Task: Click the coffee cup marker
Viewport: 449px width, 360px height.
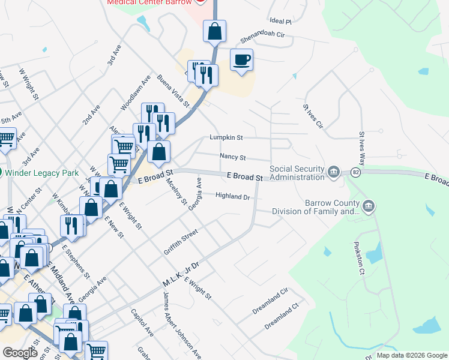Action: [x=242, y=60]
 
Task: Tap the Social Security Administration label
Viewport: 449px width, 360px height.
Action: [x=297, y=173]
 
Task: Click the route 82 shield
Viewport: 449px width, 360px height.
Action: [x=356, y=173]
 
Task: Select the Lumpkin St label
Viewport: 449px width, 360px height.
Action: [x=226, y=137]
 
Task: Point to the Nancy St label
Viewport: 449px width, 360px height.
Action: [x=233, y=157]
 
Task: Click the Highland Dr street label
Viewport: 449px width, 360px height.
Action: [x=232, y=196]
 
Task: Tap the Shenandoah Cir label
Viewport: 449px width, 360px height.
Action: [x=262, y=35]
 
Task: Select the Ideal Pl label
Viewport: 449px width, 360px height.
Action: [x=280, y=22]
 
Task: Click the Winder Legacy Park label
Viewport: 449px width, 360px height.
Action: [x=43, y=173]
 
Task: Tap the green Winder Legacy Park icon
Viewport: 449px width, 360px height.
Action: [x=2, y=173]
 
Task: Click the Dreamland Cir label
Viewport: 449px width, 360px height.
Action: [x=270, y=298]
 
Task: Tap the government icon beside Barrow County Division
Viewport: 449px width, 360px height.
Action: [x=369, y=207]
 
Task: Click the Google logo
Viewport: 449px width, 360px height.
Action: [x=20, y=353]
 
